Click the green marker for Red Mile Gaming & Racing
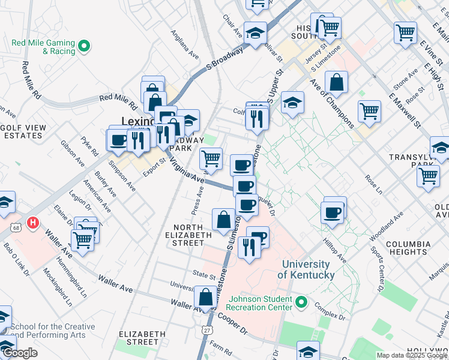[x=85, y=46]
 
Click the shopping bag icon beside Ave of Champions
[x=337, y=83]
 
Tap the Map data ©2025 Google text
[x=412, y=355]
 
